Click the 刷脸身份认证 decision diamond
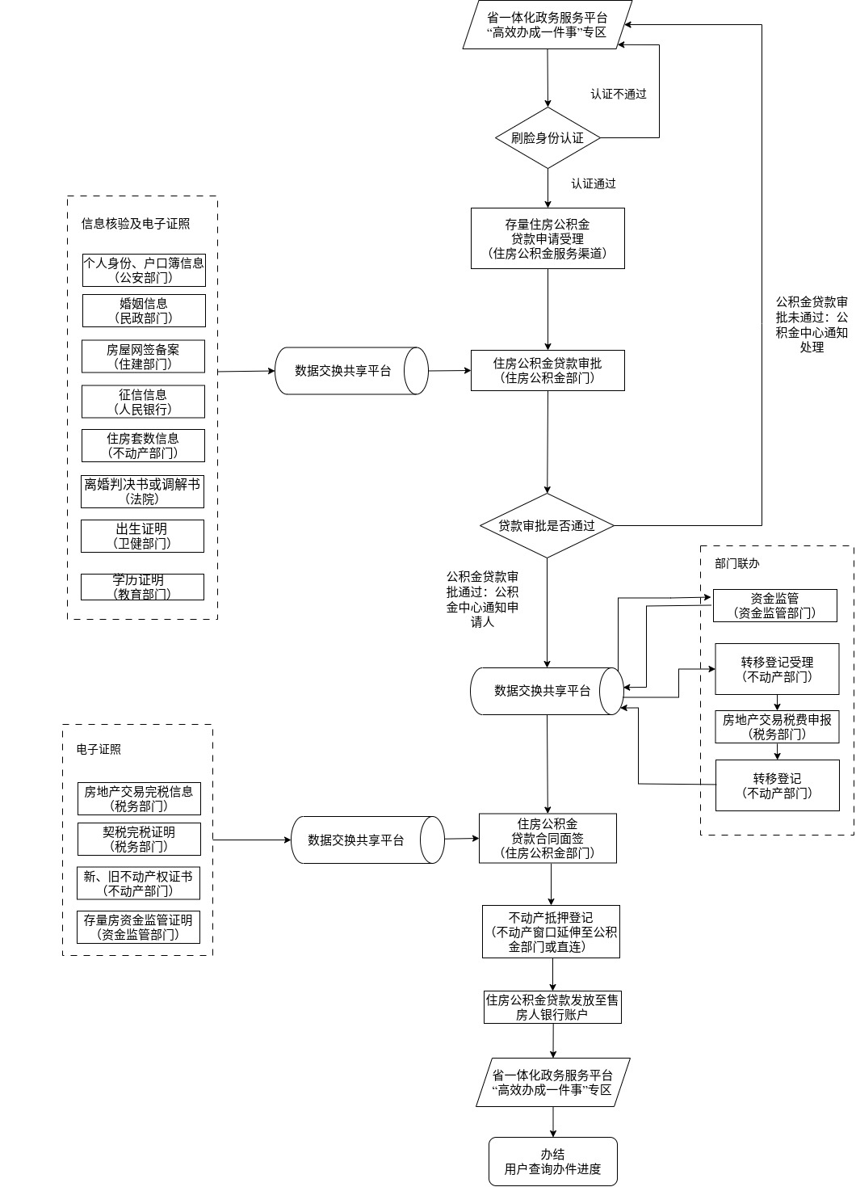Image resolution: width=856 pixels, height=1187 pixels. click(x=548, y=138)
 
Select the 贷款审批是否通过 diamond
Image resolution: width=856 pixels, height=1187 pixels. click(x=547, y=526)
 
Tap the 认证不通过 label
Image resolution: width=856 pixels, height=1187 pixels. click(x=618, y=94)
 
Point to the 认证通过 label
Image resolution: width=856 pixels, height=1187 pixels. click(x=594, y=183)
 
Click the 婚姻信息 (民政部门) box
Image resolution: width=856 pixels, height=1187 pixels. click(x=144, y=310)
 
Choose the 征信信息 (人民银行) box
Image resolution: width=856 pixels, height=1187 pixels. click(x=143, y=402)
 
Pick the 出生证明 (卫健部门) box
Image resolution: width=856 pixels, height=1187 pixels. click(x=142, y=536)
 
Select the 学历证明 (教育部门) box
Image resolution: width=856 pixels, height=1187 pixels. click(x=142, y=587)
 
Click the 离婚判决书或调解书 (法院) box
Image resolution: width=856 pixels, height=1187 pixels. click(x=142, y=491)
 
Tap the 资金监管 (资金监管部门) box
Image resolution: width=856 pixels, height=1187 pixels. click(x=774, y=605)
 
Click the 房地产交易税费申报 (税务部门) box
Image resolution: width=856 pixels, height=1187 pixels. click(x=777, y=726)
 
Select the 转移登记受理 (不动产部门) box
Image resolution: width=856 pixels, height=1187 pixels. click(x=777, y=669)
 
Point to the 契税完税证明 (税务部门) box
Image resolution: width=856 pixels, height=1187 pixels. click(x=139, y=839)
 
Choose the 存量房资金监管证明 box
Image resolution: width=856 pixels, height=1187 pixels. click(x=138, y=927)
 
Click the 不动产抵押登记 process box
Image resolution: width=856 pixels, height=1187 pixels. click(x=551, y=932)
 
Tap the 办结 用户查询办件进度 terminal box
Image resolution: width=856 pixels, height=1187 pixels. click(x=552, y=1161)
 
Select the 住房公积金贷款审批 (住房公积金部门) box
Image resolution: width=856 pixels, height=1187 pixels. click(x=548, y=370)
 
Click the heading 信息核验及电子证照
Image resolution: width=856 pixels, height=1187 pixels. click(x=136, y=224)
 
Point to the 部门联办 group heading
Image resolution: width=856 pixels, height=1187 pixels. click(x=736, y=563)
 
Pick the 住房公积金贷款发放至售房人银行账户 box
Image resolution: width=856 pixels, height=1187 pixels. click(x=552, y=1007)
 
